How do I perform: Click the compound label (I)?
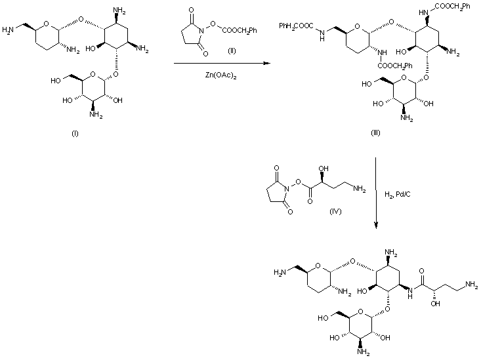(74, 134)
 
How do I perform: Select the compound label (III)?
(375, 134)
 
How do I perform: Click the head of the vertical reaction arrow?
(376, 226)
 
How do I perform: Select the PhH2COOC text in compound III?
(294, 26)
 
